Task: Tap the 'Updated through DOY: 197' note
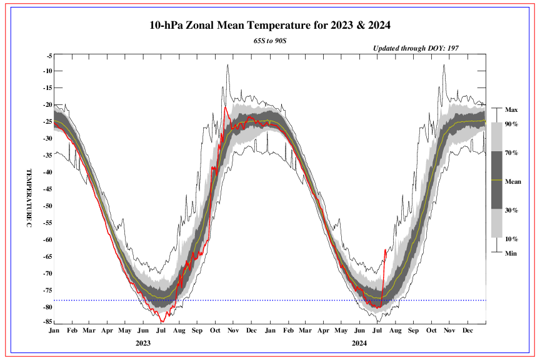(416, 48)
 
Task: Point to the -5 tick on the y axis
(49, 56)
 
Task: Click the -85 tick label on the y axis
(47, 322)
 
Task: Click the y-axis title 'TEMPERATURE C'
(29, 199)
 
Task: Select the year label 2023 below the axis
(143, 343)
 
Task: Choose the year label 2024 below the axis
(359, 343)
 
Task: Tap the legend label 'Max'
(511, 109)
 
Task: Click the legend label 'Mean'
(513, 181)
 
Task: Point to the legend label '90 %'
(512, 124)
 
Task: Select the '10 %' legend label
(512, 239)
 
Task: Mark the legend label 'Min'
(511, 253)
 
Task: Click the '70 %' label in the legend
(512, 152)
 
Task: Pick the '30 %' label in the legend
(512, 210)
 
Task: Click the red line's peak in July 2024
(385, 249)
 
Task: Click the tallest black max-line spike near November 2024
(444, 64)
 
